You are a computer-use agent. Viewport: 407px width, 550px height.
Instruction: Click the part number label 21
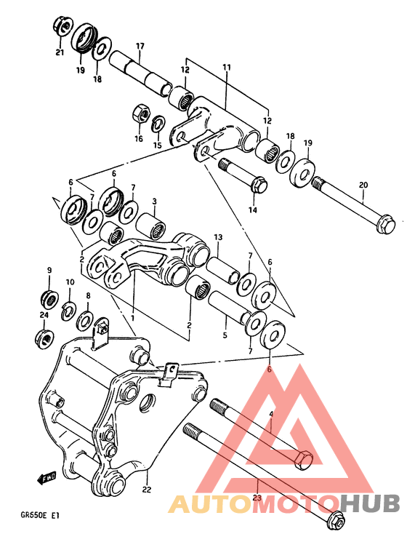pos(59,52)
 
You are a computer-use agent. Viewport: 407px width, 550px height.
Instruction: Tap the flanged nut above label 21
pos(62,27)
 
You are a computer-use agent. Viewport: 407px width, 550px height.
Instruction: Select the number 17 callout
pos(140,47)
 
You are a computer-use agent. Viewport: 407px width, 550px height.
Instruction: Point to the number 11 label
pos(226,67)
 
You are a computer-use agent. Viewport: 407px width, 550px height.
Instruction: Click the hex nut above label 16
pos(141,114)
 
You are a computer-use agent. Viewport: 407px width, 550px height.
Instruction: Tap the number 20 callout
pos(363,186)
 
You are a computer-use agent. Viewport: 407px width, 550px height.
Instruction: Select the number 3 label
pos(154,202)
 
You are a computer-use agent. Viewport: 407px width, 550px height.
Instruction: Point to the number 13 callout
pos(217,238)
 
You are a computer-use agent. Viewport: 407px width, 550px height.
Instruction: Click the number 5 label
pos(225,335)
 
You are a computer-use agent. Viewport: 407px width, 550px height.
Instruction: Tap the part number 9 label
pos(49,271)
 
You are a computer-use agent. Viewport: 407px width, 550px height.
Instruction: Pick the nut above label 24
pos(45,337)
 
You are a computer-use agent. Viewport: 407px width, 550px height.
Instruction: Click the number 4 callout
pos(270,415)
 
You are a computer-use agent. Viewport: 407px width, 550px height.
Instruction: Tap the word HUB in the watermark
pos(370,503)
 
